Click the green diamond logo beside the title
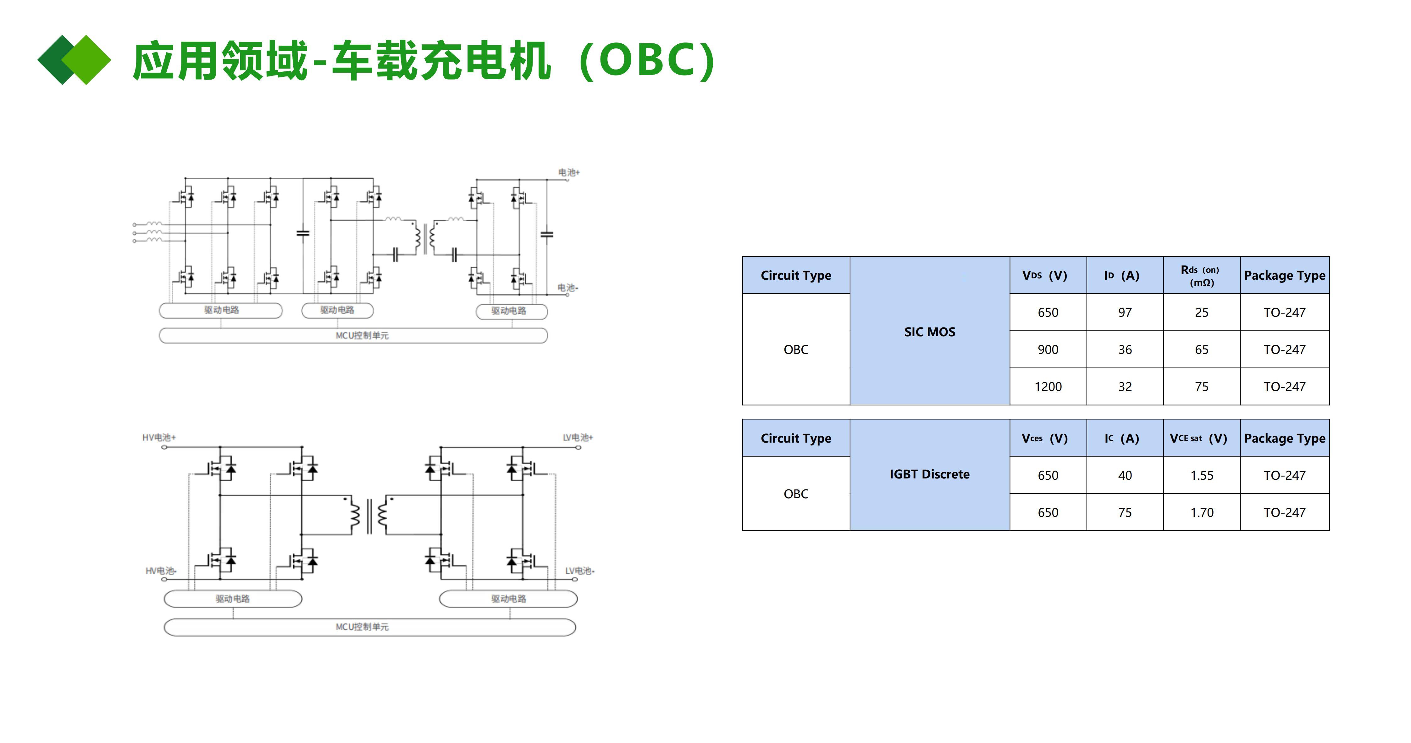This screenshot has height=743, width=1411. tap(74, 60)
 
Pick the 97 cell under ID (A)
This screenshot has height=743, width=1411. tap(1125, 312)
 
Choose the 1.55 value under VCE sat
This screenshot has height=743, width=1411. tap(1201, 476)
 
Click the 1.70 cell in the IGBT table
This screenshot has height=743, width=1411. tap(1201, 513)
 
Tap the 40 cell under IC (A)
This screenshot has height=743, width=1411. tap(1125, 476)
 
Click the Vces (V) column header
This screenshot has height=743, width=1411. tap(1044, 439)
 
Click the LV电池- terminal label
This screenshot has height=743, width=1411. tap(579, 571)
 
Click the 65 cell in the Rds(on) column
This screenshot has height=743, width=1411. tap(1201, 349)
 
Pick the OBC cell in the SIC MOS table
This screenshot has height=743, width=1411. tap(795, 349)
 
